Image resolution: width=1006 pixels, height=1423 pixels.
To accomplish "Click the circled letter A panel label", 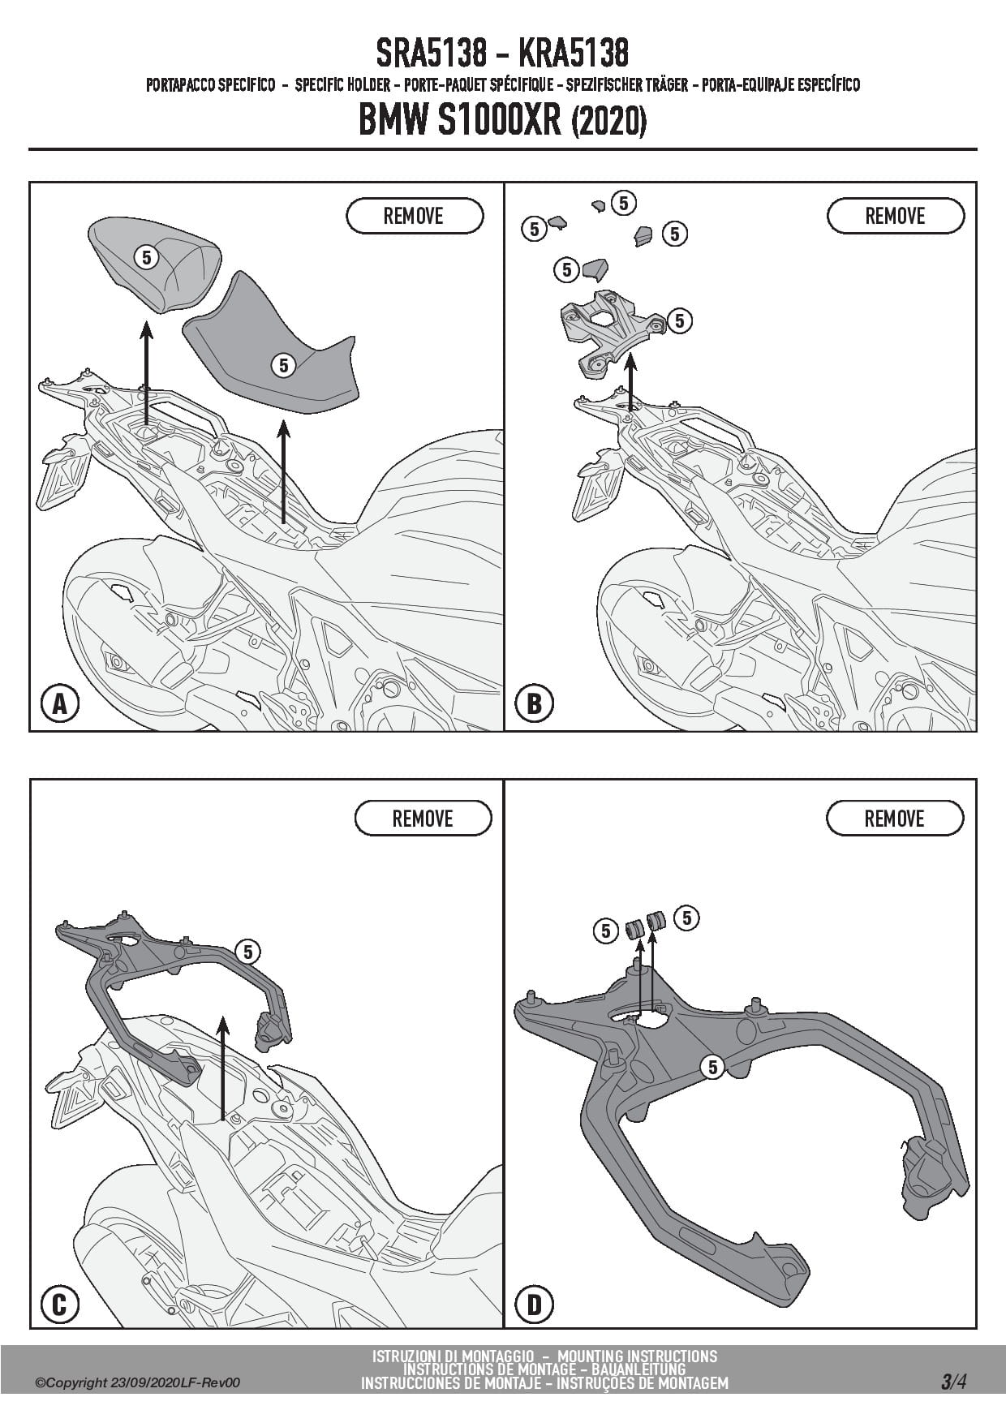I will point(59,703).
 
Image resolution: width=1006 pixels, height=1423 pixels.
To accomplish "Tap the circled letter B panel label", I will point(533,703).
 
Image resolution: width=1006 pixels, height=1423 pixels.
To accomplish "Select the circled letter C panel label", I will point(59,1305).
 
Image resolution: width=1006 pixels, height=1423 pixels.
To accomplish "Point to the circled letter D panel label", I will point(533,1305).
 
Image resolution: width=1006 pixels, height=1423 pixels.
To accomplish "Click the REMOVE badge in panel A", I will point(414,217).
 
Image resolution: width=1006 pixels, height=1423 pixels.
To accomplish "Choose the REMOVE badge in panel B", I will point(895,217).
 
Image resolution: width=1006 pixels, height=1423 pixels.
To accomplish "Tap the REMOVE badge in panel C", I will point(423,819).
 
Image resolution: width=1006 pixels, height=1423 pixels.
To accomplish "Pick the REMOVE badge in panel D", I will point(894,819).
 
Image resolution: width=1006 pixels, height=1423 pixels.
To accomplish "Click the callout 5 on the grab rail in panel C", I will point(248,952).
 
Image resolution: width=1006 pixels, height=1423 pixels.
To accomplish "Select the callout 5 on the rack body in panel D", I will point(713,1067).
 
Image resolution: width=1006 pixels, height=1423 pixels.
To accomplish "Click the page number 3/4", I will point(953,1382).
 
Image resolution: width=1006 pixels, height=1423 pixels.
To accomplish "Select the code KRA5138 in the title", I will point(573,54).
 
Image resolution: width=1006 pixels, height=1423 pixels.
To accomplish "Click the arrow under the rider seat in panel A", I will point(283,471).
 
